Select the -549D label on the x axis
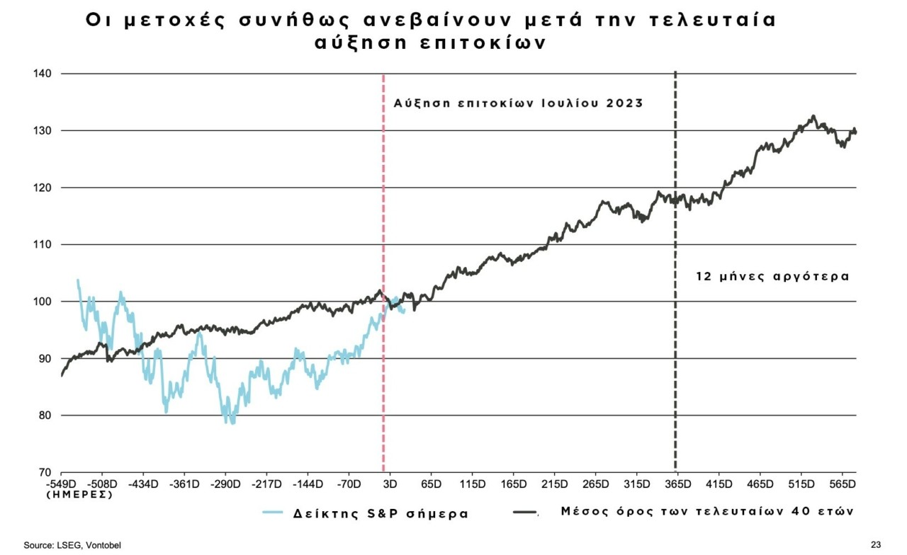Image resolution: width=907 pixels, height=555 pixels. click(x=62, y=484)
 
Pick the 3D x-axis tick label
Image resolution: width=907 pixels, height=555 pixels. click(x=388, y=484)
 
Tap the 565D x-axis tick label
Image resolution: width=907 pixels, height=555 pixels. click(x=843, y=484)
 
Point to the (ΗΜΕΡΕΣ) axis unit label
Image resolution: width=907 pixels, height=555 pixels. click(x=79, y=495)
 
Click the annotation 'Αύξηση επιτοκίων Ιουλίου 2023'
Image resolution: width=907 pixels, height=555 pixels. click(x=518, y=103)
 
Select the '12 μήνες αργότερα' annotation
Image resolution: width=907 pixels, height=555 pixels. click(x=772, y=277)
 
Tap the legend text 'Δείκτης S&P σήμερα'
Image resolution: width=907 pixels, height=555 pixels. click(x=381, y=513)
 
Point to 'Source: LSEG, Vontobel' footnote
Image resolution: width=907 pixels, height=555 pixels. click(x=67, y=544)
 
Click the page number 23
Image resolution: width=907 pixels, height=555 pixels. click(x=876, y=544)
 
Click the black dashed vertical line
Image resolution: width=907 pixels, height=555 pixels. click(x=675, y=354)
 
